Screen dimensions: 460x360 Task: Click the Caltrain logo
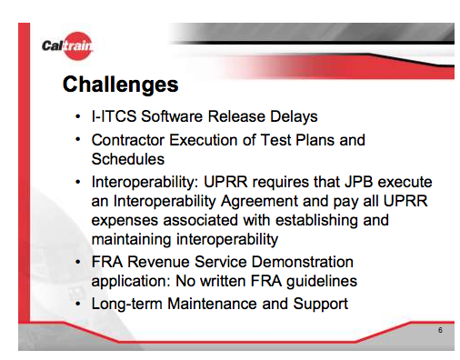point(67,45)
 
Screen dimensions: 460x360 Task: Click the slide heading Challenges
point(120,85)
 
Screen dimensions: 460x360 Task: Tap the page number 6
point(440,330)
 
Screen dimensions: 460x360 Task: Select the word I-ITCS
point(114,116)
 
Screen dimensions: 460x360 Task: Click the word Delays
point(294,117)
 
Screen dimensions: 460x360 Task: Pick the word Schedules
point(128,159)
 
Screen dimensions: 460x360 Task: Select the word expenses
point(125,221)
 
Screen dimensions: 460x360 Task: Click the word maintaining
point(131,239)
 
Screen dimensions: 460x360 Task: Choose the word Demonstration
point(302,262)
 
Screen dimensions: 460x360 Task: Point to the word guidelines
point(322,282)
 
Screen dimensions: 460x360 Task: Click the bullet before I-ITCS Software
point(78,116)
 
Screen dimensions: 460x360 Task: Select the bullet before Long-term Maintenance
point(78,304)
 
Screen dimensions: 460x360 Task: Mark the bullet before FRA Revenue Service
point(78,262)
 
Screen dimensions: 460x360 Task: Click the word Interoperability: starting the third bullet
point(145,183)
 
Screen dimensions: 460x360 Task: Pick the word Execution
point(203,140)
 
